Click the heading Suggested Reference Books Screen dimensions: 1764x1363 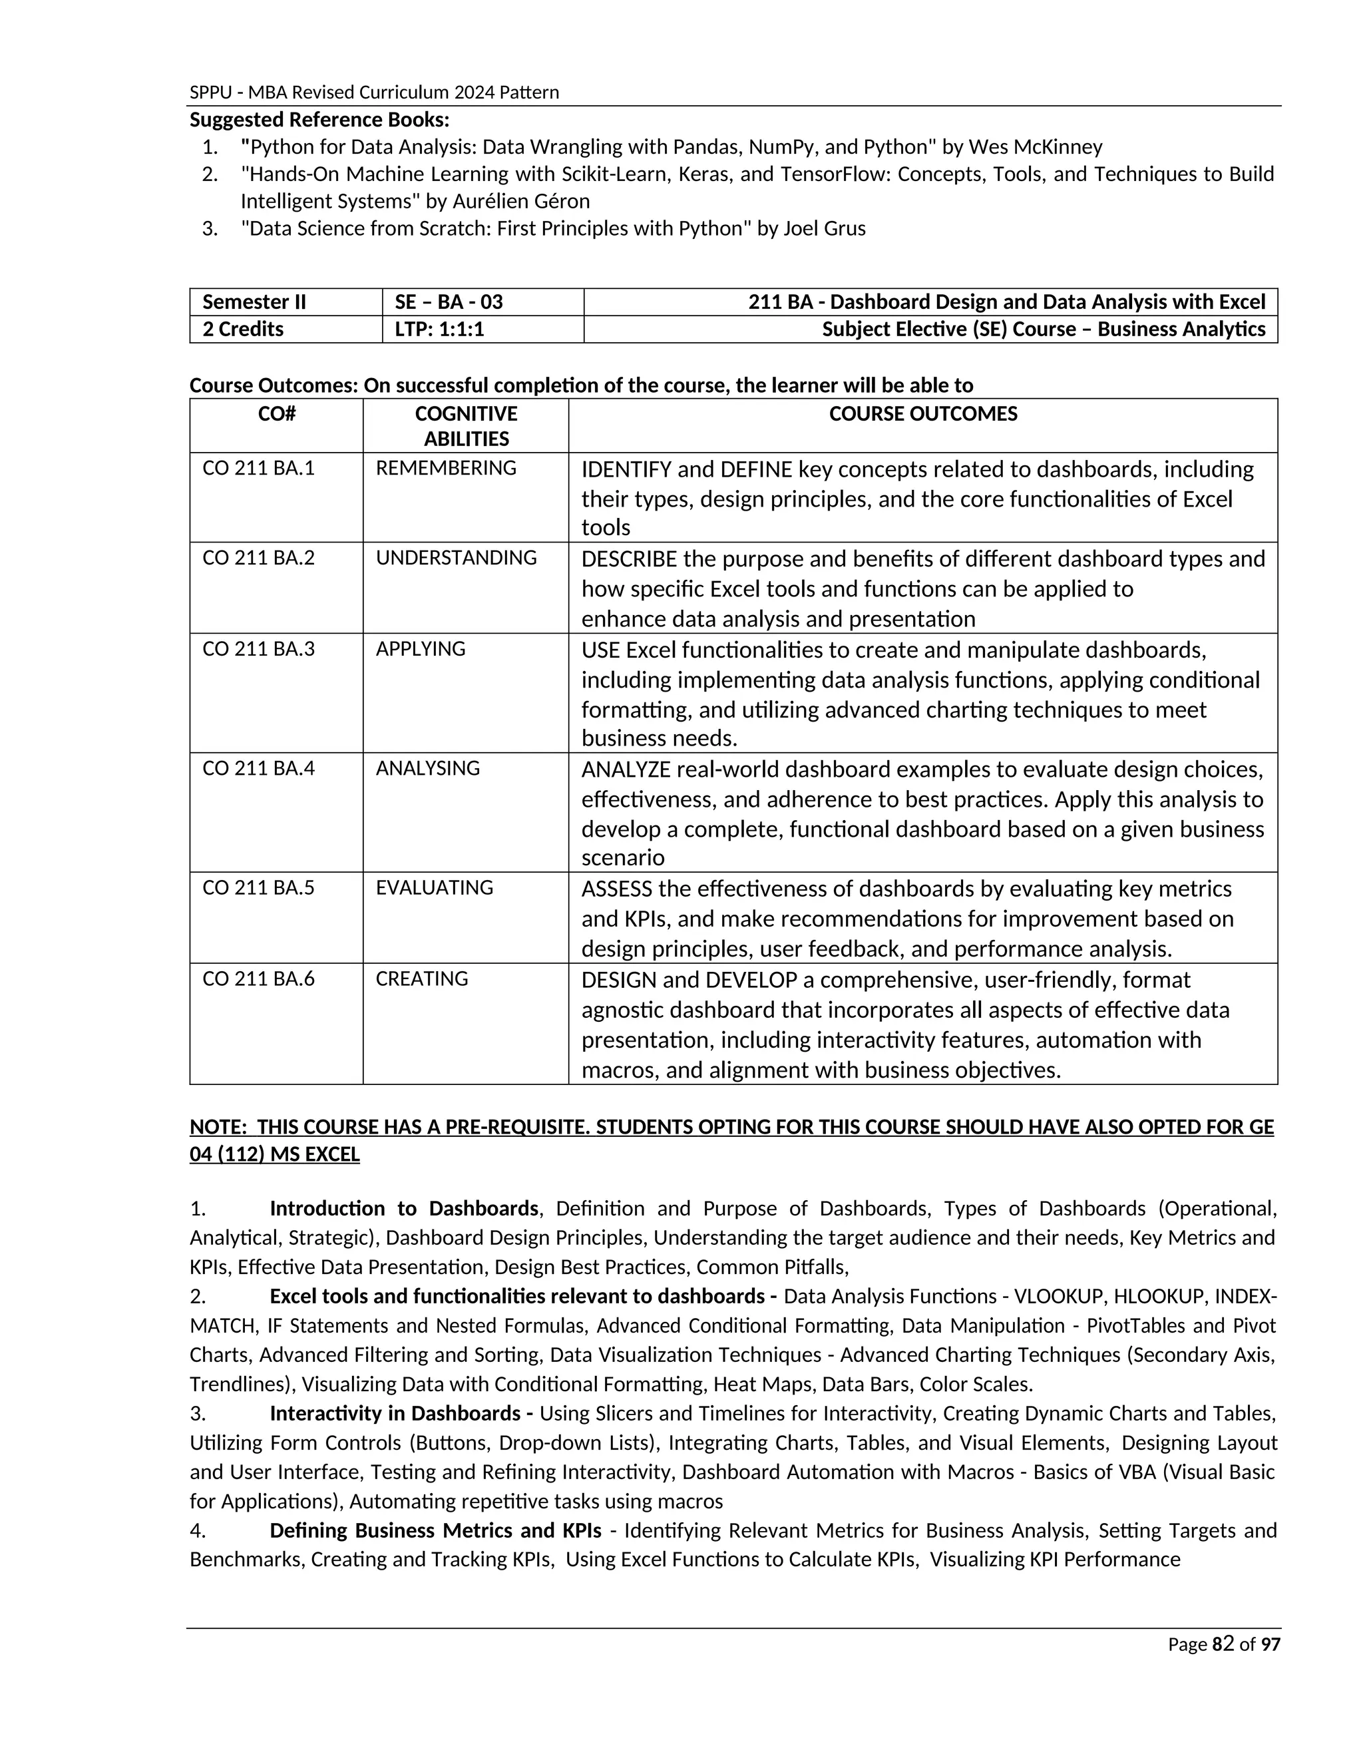(319, 120)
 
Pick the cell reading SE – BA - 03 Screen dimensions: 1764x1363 (449, 302)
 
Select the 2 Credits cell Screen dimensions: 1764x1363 (243, 330)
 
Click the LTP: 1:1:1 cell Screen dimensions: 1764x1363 (439, 330)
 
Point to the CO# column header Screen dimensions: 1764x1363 (276, 413)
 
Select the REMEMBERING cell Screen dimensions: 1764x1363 (446, 468)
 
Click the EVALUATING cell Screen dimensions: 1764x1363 (435, 887)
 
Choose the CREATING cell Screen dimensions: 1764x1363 (421, 979)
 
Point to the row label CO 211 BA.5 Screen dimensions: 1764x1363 (258, 887)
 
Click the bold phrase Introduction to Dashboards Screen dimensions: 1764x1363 (404, 1208)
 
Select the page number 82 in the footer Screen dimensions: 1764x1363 (1223, 1644)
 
